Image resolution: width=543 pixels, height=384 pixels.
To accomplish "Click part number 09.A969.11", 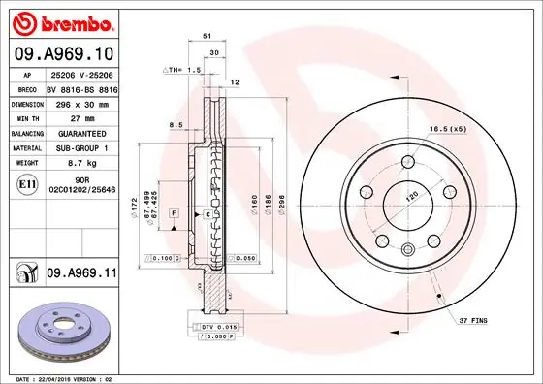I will [x=80, y=274].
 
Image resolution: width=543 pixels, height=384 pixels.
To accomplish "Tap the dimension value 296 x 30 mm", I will [x=81, y=101].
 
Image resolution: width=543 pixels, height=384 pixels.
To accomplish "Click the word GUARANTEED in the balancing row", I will [x=81, y=132].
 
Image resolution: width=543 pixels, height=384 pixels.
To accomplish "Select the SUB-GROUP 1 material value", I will [x=81, y=148].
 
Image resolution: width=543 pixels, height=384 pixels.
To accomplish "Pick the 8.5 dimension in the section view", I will [x=176, y=126].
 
